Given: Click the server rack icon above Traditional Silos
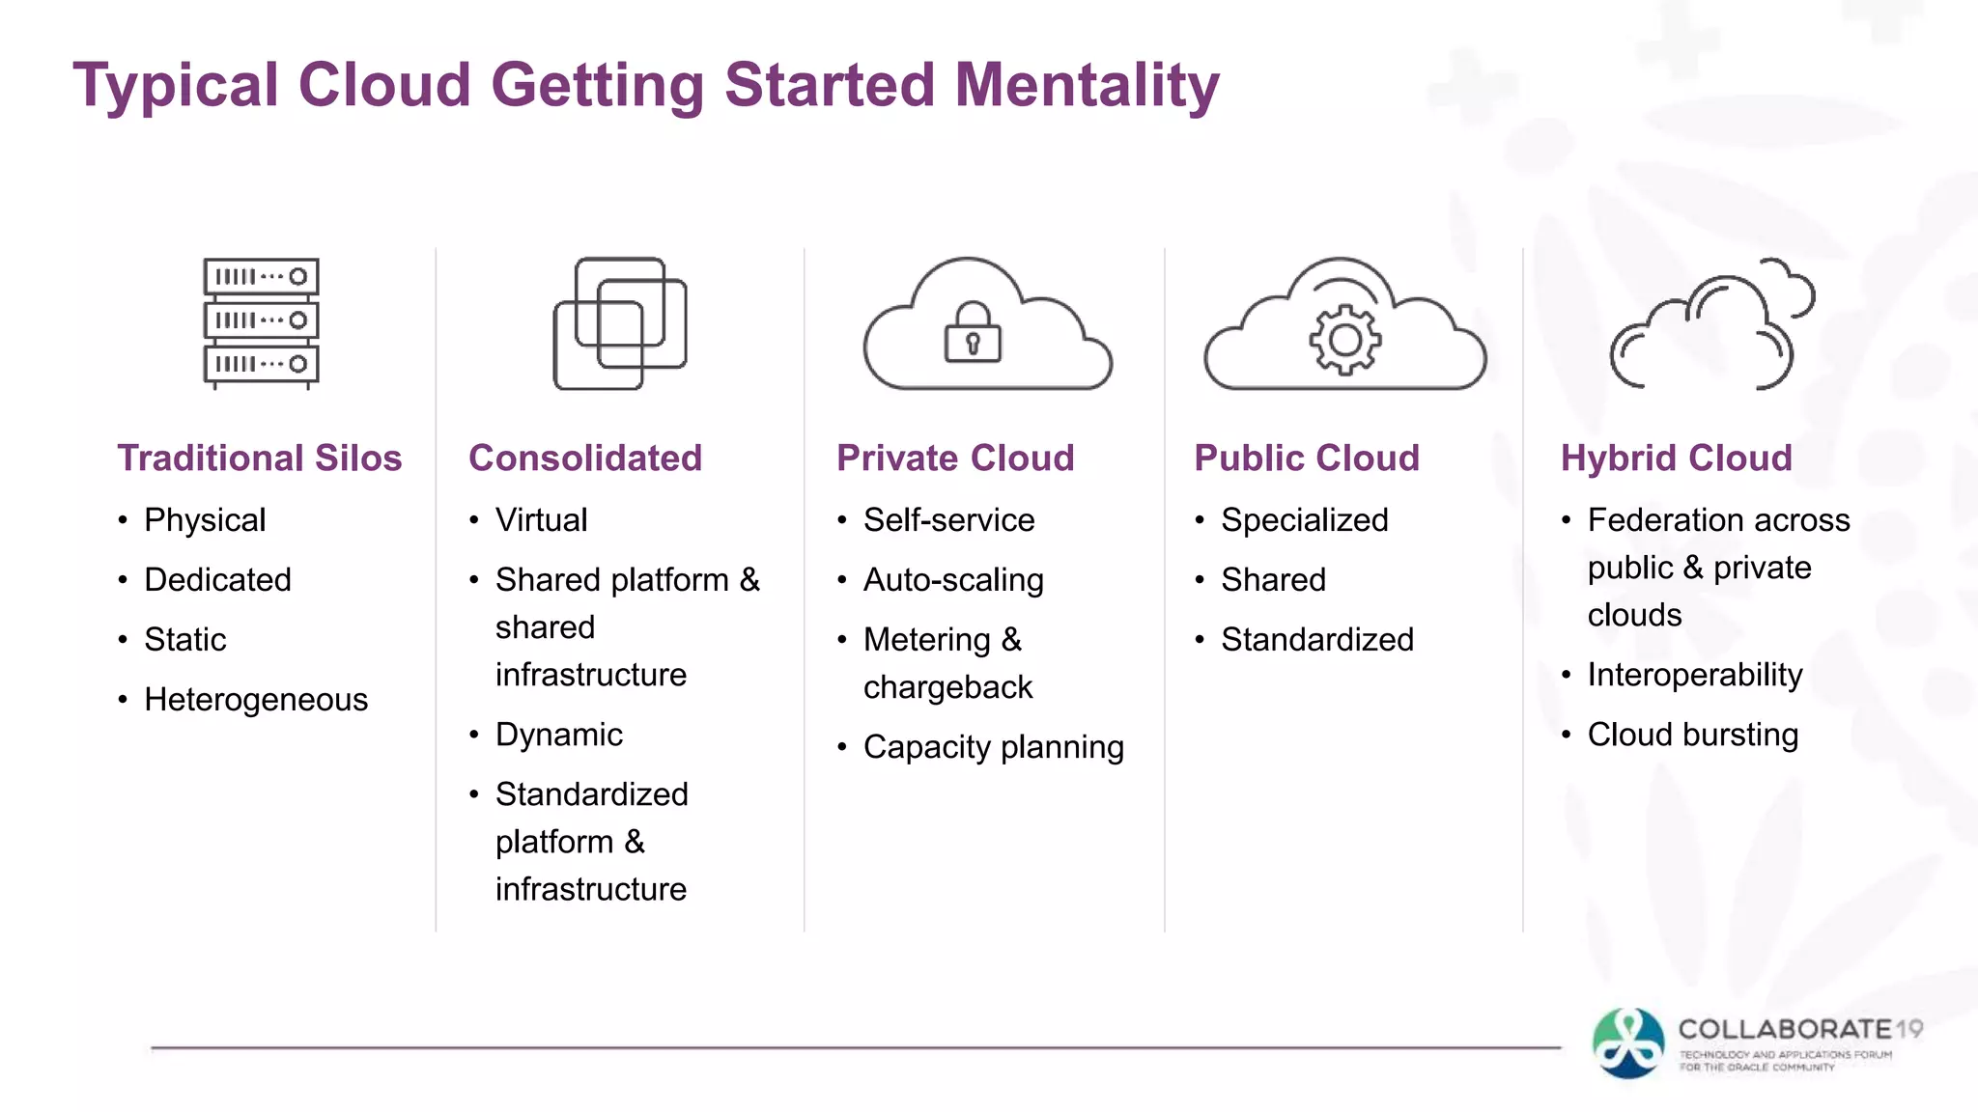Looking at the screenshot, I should pos(261,322).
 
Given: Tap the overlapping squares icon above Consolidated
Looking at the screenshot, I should pos(620,323).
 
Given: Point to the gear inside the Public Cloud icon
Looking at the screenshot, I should pos(1344,339).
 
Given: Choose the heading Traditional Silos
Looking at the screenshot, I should pos(259,458).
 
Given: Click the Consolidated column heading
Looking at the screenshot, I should pos(585,458).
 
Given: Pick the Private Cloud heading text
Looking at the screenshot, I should pos(955,458).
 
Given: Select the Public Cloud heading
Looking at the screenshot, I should pos(1307,458).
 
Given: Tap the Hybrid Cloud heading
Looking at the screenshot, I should pos(1677,458).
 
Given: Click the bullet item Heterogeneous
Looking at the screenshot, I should pos(256,699).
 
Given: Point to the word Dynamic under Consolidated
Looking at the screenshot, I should pos(559,735).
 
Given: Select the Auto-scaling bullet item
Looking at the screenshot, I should pos(953,580).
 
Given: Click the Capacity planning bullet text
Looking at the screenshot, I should pos(994,747).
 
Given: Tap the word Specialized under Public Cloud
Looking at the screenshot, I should pos(1305,520).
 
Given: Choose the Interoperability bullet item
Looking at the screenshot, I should pos(1695,675).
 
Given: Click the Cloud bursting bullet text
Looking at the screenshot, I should pos(1693,735).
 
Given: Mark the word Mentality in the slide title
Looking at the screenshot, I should pos(1088,85).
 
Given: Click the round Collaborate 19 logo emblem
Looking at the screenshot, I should pos(1629,1043).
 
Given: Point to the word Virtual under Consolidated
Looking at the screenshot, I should pos(541,520).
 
